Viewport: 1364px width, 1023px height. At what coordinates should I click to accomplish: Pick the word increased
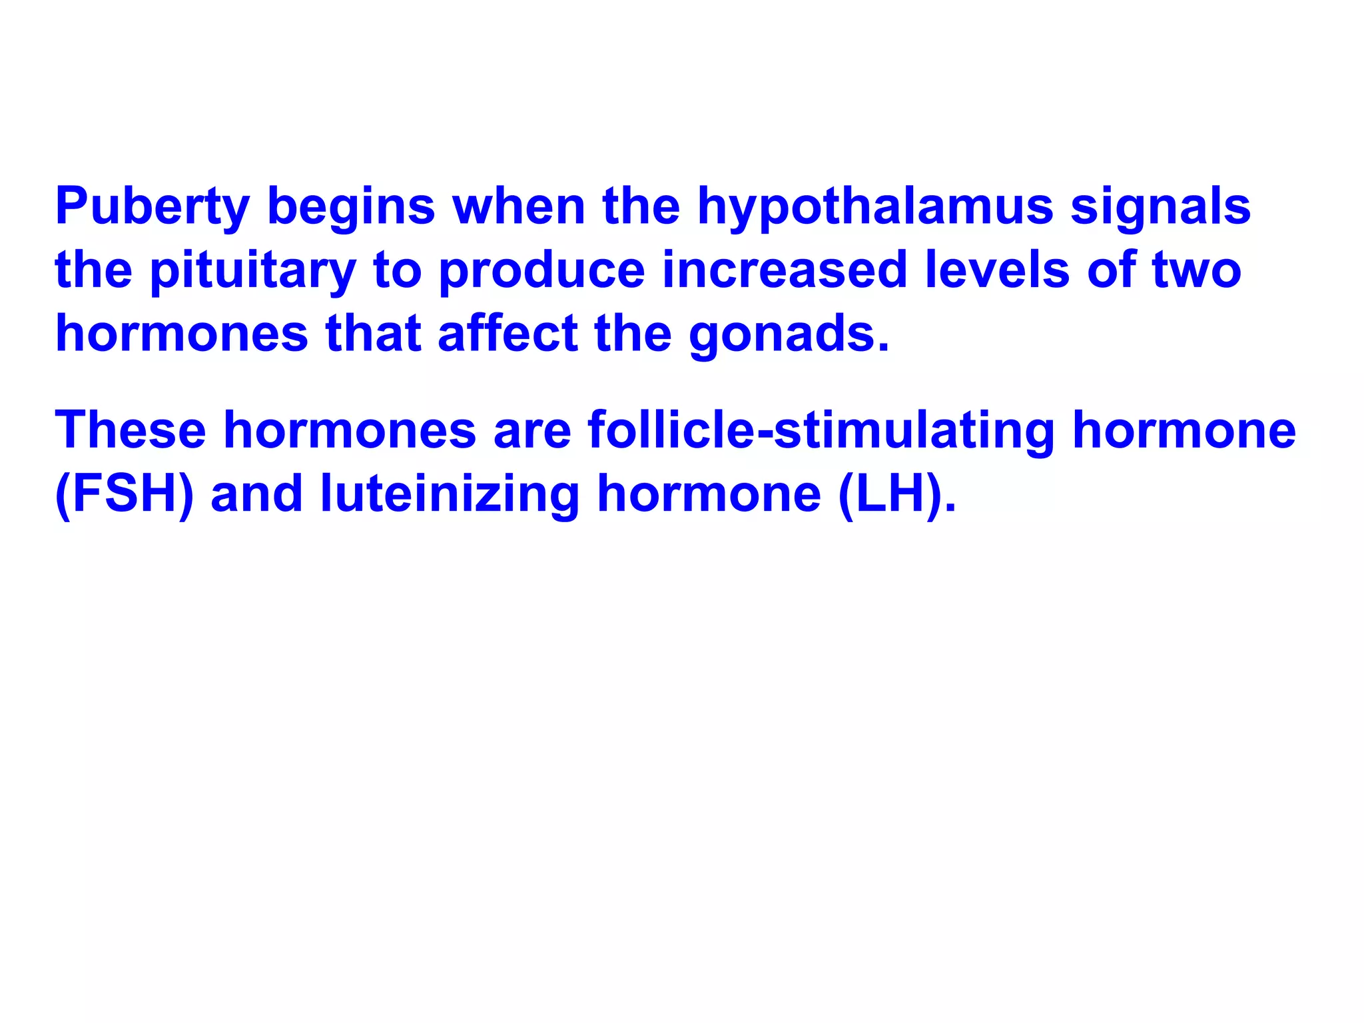[785, 269]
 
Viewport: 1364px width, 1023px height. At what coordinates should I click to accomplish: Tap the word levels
[997, 269]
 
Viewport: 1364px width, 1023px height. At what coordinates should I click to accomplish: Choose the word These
[131, 430]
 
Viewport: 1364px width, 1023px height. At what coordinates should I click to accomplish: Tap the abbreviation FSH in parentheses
[125, 494]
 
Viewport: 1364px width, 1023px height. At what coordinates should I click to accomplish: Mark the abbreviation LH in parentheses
[896, 494]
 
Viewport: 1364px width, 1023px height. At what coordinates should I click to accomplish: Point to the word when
[519, 206]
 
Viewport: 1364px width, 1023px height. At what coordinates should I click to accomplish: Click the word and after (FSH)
[256, 494]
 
